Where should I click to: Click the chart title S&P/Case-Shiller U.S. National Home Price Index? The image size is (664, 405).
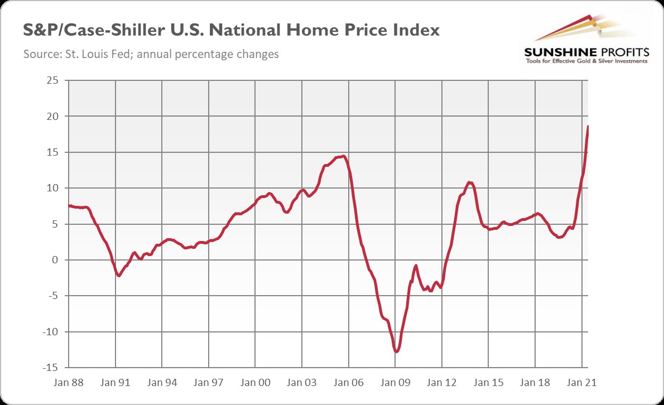231,31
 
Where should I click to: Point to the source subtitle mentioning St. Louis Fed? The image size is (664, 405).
151,55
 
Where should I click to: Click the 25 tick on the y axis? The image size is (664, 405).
53,80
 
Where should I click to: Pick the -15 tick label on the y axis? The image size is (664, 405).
52,368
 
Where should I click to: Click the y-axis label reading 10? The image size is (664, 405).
53,188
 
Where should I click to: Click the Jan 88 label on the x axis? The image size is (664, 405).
69,384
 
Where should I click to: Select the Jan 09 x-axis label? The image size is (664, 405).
395,384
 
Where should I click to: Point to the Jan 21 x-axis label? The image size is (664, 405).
581,384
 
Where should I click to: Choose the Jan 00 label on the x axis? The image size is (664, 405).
256,384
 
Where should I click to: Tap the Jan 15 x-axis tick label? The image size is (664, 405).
488,384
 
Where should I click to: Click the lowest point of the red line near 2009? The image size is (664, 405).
396,352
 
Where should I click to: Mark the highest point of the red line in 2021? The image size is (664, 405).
588,127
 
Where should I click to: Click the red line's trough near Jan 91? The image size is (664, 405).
119,276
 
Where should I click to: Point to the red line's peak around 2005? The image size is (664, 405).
343,156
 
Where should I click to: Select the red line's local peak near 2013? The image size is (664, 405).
470,182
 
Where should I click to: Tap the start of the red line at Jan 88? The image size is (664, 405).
69,205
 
